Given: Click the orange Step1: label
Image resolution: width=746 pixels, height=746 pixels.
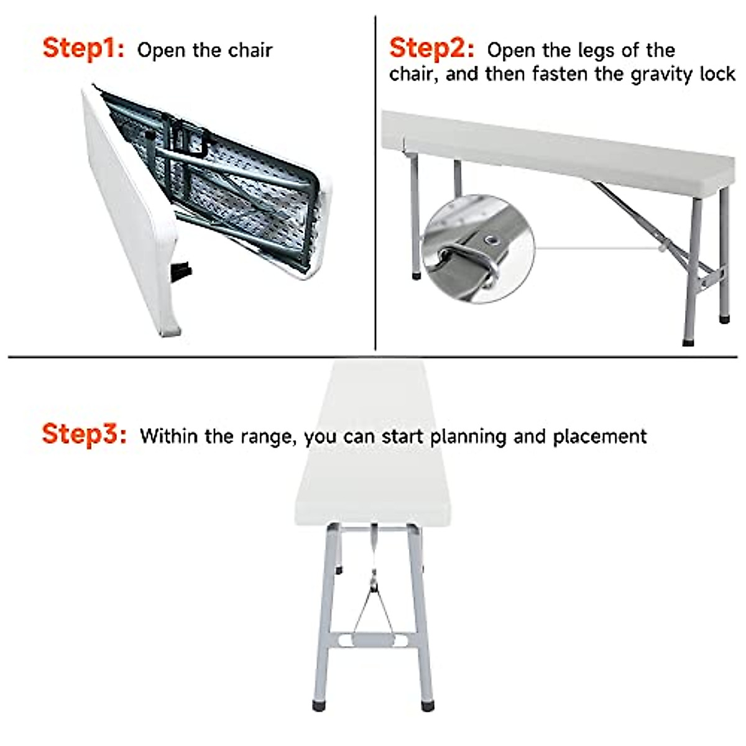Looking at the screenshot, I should (83, 48).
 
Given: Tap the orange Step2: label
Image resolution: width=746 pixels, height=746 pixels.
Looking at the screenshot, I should (431, 48).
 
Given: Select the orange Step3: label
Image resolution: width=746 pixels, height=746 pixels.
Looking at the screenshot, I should (84, 434).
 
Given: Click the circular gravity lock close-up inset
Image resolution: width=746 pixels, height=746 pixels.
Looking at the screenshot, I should (477, 249).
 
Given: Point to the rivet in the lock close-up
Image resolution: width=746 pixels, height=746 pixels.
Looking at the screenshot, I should (493, 239).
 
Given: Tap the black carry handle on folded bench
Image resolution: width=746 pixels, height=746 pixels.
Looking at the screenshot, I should (182, 272).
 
